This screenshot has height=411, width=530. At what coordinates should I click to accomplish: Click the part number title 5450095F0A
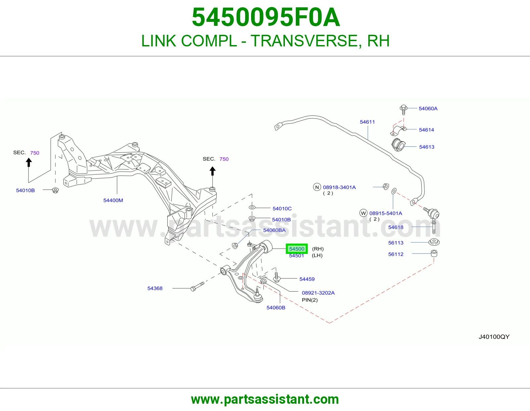(266, 17)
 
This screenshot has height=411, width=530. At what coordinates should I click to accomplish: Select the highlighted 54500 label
(296, 249)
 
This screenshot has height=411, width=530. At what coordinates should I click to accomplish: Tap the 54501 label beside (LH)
(296, 256)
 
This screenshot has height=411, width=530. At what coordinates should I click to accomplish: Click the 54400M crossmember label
(113, 201)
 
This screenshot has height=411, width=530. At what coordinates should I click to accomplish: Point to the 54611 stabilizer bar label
(367, 122)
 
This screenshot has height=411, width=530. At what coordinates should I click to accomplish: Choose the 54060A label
(428, 108)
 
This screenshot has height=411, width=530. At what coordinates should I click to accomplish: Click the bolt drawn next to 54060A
(403, 110)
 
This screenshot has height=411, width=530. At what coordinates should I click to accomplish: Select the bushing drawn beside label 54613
(398, 145)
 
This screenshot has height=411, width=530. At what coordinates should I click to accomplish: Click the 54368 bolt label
(155, 288)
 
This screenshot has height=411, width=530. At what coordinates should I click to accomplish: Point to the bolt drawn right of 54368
(197, 286)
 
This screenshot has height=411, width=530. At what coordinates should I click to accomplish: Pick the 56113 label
(396, 243)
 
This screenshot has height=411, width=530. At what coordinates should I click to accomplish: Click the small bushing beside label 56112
(434, 253)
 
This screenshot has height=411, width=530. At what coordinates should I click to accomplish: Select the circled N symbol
(317, 187)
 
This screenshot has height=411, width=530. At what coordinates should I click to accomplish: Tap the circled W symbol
(363, 213)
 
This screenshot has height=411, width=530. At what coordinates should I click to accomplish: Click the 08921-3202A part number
(318, 293)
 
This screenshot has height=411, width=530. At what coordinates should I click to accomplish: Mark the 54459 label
(307, 279)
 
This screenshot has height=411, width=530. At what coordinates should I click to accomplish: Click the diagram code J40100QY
(494, 337)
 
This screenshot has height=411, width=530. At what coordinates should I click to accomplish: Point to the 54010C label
(282, 208)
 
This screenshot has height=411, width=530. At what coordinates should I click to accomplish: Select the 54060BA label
(274, 230)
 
